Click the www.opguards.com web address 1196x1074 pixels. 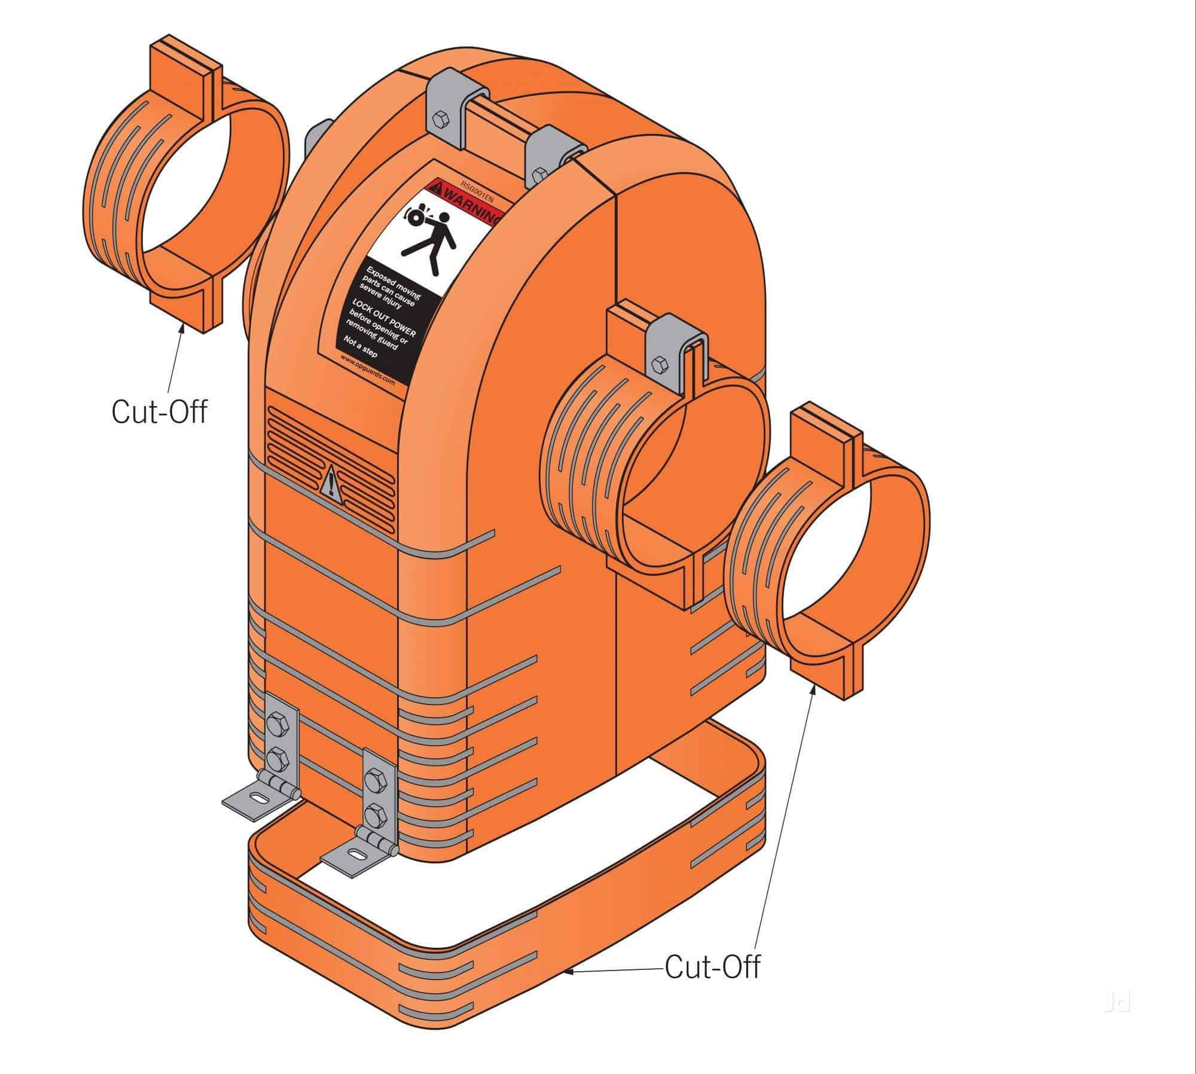(x=367, y=369)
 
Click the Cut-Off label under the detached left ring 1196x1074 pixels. (x=159, y=412)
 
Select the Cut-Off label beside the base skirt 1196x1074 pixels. (x=712, y=966)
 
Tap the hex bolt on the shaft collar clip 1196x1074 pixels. (x=660, y=363)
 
